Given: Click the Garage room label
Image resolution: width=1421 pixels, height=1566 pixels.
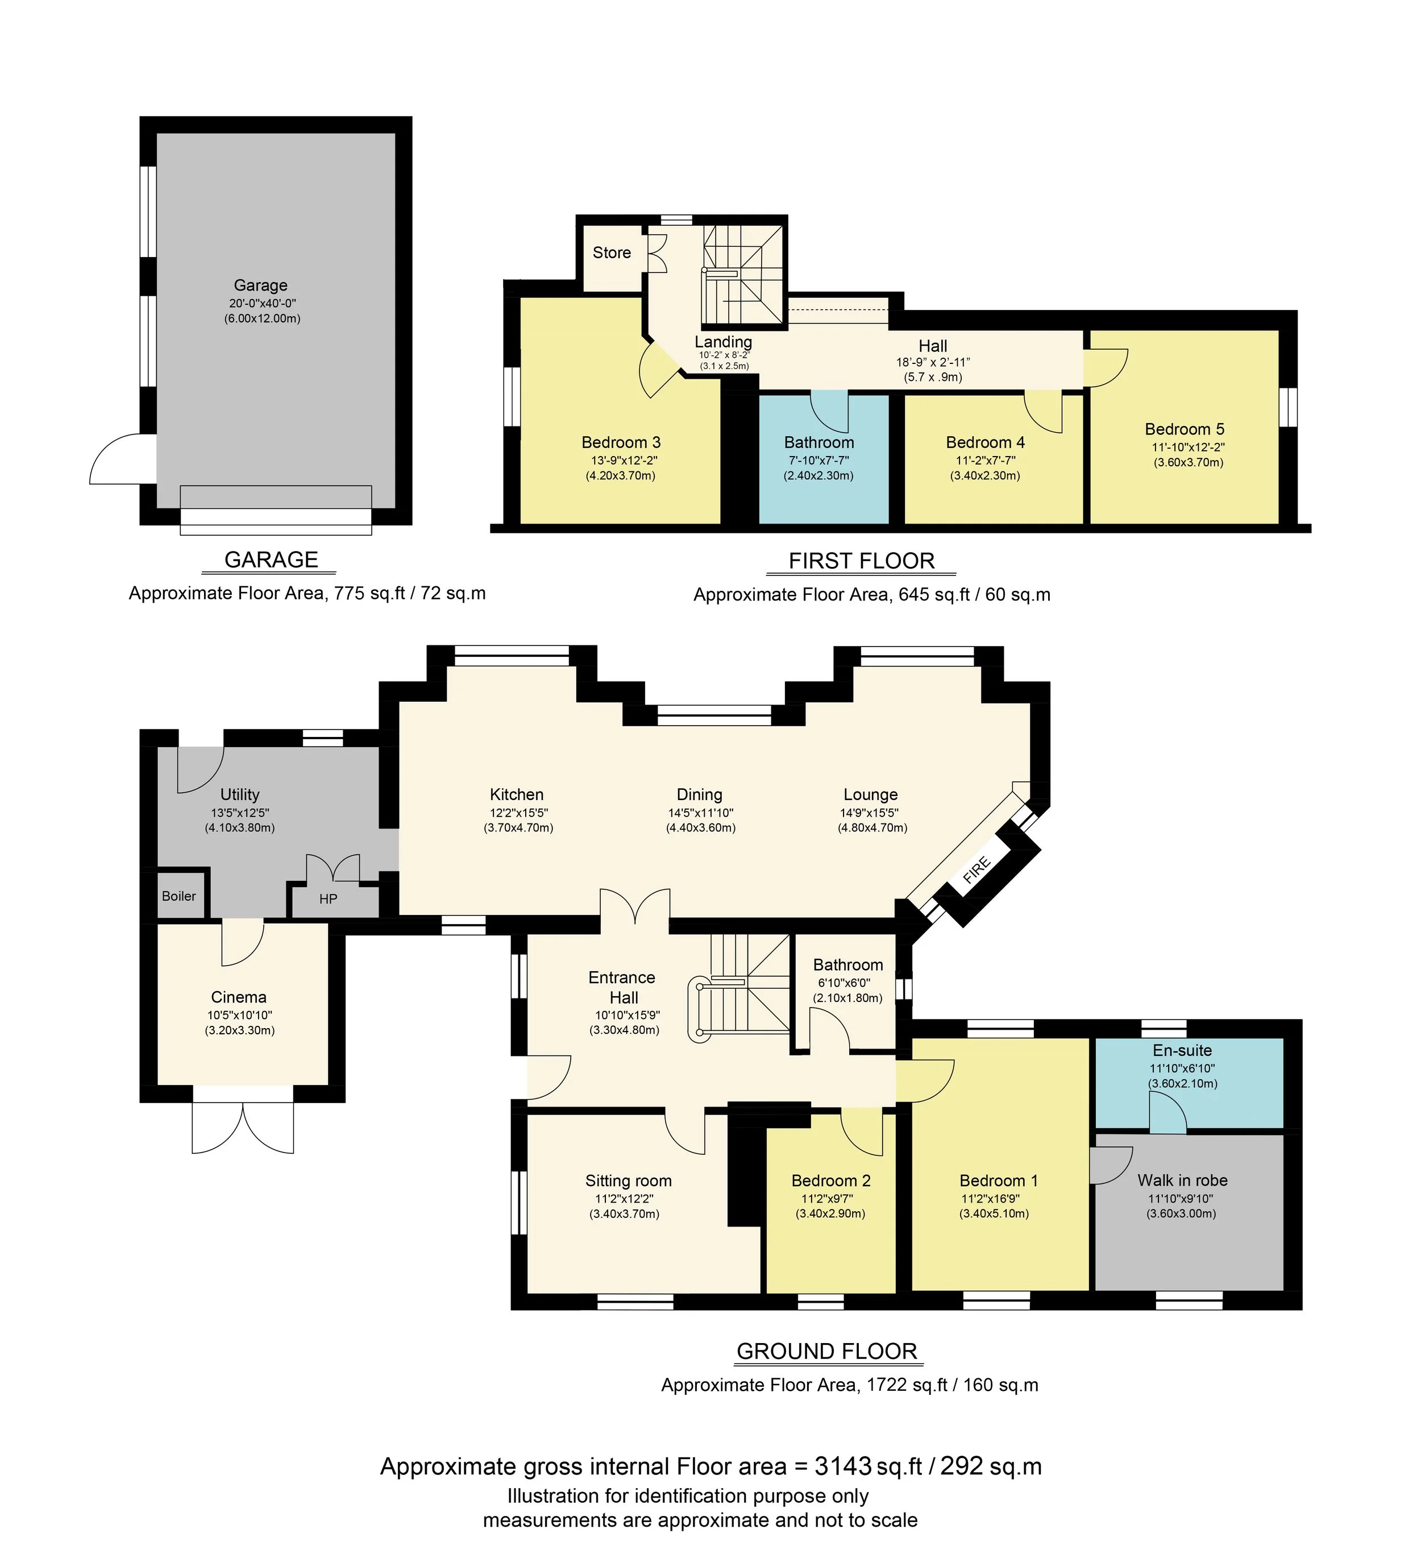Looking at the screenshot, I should point(260,285).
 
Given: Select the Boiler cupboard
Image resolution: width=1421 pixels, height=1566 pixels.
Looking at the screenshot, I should point(178,896).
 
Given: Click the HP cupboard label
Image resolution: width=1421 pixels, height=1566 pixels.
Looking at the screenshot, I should point(328,899).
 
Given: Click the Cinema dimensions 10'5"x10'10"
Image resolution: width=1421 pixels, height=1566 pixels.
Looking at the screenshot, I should point(239,1015).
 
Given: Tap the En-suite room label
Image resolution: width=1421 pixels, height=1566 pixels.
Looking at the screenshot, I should point(1182,1050).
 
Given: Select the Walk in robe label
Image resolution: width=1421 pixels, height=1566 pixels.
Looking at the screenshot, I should point(1182,1180).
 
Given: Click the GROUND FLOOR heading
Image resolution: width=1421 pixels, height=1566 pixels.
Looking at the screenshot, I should point(826,1352).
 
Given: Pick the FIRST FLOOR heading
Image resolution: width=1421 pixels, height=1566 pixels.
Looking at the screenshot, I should point(861,561).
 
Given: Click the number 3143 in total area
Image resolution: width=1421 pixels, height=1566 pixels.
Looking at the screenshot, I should point(842,1466).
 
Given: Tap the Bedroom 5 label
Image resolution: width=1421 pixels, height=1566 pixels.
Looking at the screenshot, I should point(1184,429).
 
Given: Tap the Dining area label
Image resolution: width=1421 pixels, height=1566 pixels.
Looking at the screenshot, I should point(699,794).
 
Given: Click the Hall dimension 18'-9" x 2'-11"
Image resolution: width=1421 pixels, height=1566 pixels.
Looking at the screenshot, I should point(933,362).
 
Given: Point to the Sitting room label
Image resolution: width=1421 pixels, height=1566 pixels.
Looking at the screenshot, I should point(628,1180).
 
